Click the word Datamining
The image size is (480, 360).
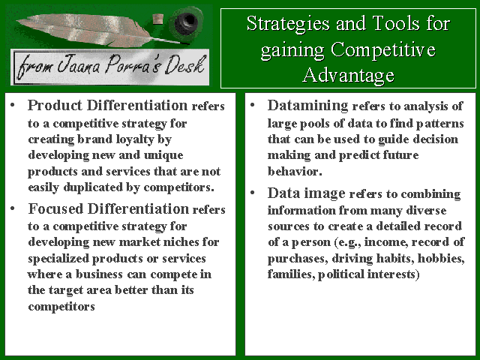307,106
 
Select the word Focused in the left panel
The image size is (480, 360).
55,208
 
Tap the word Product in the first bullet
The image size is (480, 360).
55,105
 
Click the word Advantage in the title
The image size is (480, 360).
348,75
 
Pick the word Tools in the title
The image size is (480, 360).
394,23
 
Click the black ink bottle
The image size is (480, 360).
185,22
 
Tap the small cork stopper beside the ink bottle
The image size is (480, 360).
158,19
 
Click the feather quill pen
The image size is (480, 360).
91,31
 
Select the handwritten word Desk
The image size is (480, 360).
184,64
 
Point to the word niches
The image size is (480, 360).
181,241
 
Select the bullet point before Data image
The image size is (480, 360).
253,193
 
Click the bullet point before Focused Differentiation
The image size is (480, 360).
13,208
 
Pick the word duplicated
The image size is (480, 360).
93,187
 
